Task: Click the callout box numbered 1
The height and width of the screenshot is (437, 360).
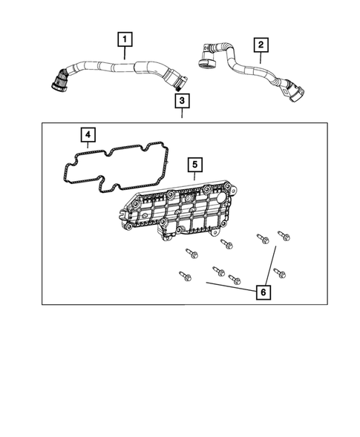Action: coord(125,38)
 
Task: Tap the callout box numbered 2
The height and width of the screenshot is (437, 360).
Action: coord(260,45)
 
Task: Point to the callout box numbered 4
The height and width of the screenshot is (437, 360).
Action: coord(88,134)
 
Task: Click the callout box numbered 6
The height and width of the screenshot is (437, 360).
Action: coord(263,292)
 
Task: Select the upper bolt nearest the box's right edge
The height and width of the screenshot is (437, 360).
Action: coord(282,235)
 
